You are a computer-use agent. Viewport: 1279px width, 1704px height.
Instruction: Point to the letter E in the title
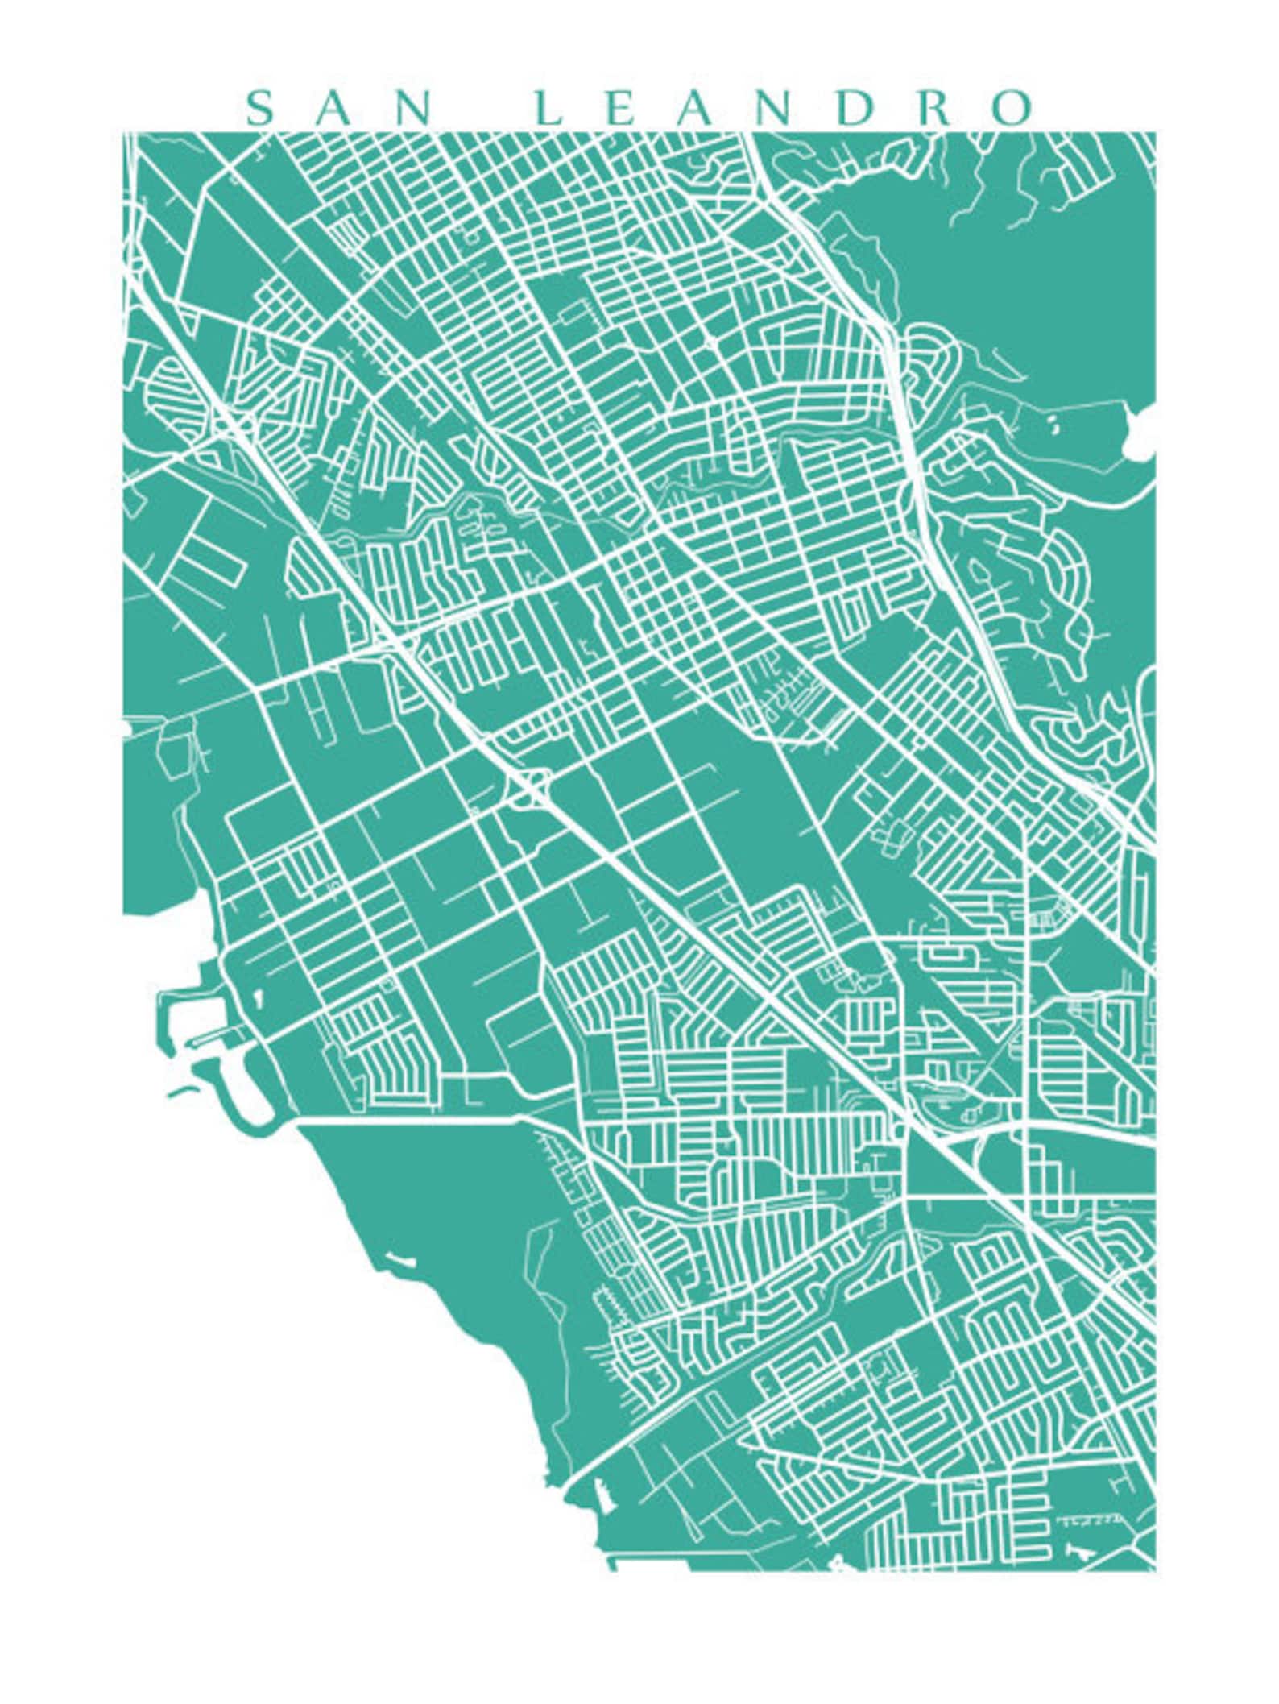point(619,109)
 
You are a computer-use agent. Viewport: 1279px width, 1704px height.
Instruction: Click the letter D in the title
point(854,109)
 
